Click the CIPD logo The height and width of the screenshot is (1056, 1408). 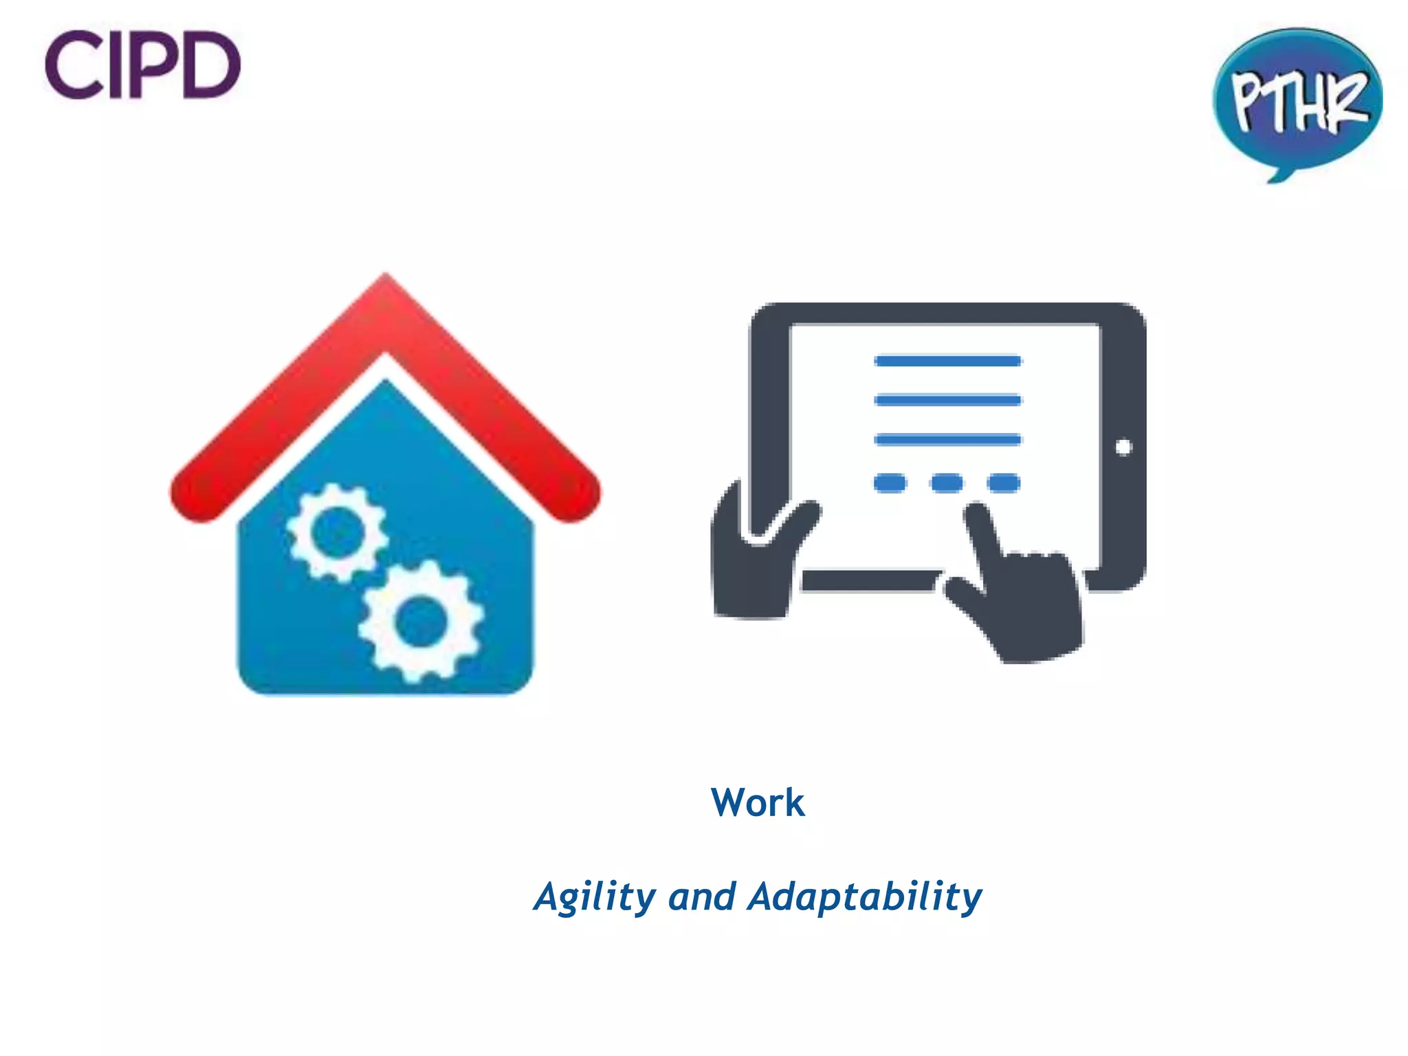coord(142,65)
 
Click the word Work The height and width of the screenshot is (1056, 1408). coord(758,802)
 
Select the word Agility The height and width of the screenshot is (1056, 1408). coord(595,897)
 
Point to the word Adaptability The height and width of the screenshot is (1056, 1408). coord(865,897)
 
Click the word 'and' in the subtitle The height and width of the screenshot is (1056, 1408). coord(702,897)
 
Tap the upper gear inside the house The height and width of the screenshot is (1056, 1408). coord(337,531)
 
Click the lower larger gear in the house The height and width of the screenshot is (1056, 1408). coord(421,621)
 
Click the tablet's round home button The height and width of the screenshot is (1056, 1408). coord(1123,448)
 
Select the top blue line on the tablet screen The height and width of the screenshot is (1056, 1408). coord(948,361)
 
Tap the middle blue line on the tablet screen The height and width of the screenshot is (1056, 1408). coord(948,400)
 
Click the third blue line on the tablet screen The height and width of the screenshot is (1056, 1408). coord(948,439)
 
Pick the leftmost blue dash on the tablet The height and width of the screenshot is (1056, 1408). coord(890,483)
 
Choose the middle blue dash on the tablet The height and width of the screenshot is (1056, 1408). coord(947,483)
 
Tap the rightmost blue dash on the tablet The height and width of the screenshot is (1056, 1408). coord(1004,483)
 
